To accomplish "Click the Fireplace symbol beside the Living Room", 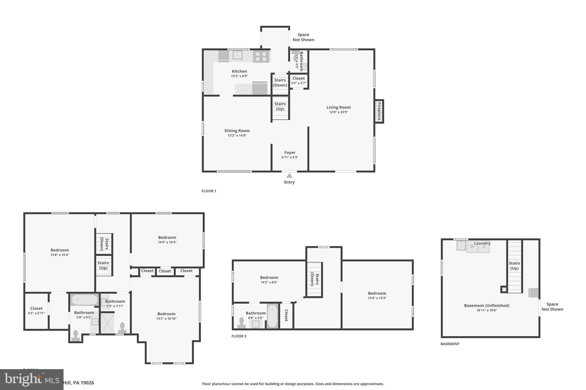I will coord(379,111).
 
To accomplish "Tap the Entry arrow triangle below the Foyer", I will coord(289,176).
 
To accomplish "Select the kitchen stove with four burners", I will coord(261,56).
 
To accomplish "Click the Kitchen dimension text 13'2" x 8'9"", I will coord(239,76).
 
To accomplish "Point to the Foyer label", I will coord(290,153).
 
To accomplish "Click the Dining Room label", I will coord(237,131).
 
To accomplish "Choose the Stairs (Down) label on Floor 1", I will coord(280,83).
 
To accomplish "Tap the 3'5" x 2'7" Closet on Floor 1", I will coord(298,81).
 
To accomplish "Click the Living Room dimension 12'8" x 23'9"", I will coord(338,112).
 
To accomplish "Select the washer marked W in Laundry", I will coord(472,247).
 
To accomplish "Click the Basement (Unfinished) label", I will coord(486,305).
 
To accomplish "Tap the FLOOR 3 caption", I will coord(239,336).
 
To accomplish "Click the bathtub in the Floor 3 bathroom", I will coord(272,316).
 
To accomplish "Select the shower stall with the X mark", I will coord(107,323).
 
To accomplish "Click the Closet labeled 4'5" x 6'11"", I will coord(36,311).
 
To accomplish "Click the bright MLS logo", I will coord(31,379).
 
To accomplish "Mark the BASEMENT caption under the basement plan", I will coord(450,344).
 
